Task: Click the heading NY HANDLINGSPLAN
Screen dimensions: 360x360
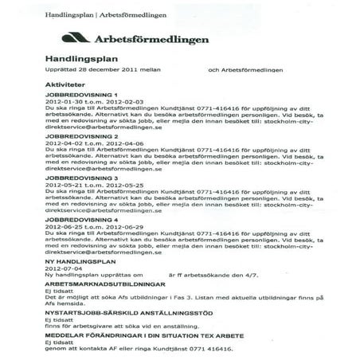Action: [80, 261]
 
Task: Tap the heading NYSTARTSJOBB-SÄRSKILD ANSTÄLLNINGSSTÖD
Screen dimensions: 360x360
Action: [127, 314]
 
